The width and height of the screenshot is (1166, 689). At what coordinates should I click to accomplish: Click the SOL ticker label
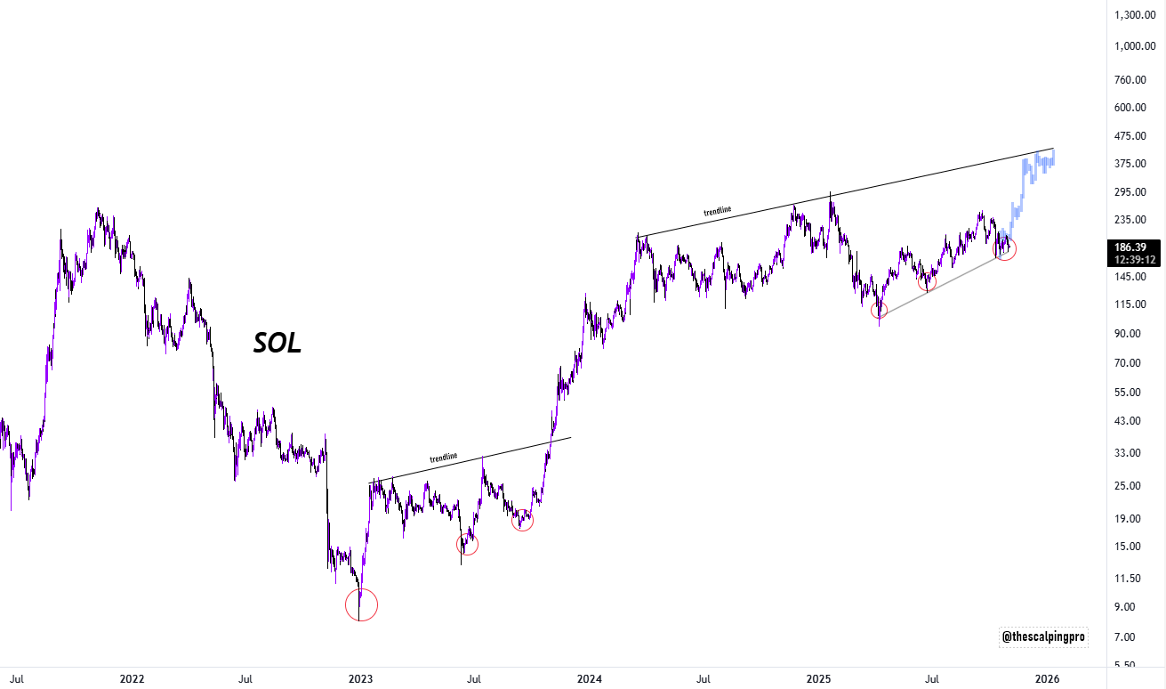point(277,343)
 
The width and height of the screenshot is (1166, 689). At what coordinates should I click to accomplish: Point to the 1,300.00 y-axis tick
point(1135,15)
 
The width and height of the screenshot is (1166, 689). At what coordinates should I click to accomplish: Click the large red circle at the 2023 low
point(361,605)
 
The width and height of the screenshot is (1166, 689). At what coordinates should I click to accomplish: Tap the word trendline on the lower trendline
point(443,458)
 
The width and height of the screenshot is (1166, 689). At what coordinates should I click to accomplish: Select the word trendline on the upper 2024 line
point(717,212)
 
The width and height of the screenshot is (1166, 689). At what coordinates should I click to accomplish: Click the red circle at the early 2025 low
point(879,311)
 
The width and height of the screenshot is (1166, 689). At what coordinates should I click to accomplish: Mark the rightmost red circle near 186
point(1005,249)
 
